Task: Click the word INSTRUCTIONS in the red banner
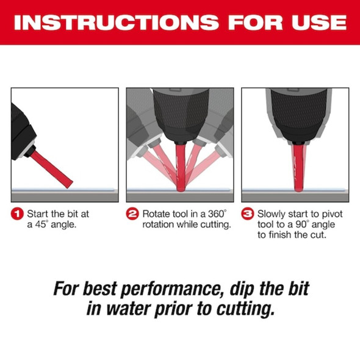(x=116, y=22)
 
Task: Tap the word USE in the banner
(x=319, y=22)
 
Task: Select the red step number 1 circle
(x=17, y=214)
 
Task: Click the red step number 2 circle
(x=132, y=214)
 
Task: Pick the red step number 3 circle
(x=248, y=214)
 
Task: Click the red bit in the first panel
(x=52, y=170)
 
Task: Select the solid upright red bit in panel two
(x=180, y=167)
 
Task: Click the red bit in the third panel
(x=298, y=167)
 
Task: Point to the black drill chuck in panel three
(x=298, y=115)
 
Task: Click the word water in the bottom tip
(x=129, y=309)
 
